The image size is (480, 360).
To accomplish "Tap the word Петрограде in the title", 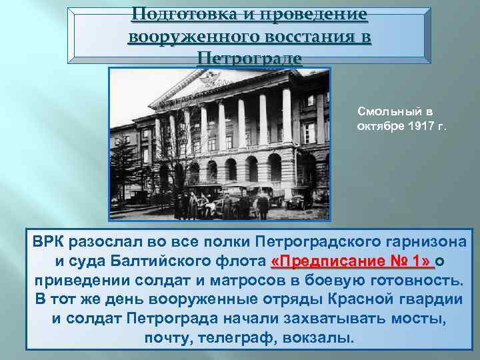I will [250, 59].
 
